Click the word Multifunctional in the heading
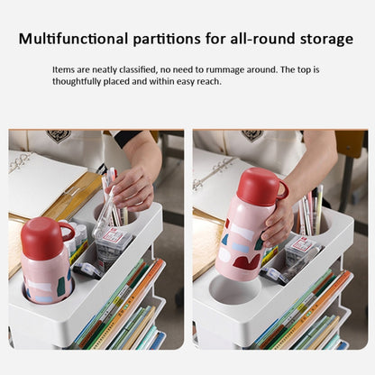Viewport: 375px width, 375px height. [x=73, y=39]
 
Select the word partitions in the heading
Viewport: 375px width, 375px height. [x=167, y=40]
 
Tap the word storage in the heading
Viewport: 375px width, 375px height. [x=326, y=40]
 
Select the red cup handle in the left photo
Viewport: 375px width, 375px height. [x=69, y=231]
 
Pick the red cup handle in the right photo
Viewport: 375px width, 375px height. [x=283, y=188]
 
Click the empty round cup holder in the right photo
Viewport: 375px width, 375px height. [x=235, y=290]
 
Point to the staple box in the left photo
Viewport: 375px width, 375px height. [x=113, y=244]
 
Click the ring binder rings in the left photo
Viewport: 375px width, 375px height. [x=20, y=162]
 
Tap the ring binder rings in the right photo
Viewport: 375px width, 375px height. [x=212, y=173]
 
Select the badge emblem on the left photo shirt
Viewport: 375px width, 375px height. [x=59, y=135]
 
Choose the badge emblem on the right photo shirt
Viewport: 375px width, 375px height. [x=252, y=134]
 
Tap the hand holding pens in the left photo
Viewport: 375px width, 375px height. [x=133, y=188]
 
